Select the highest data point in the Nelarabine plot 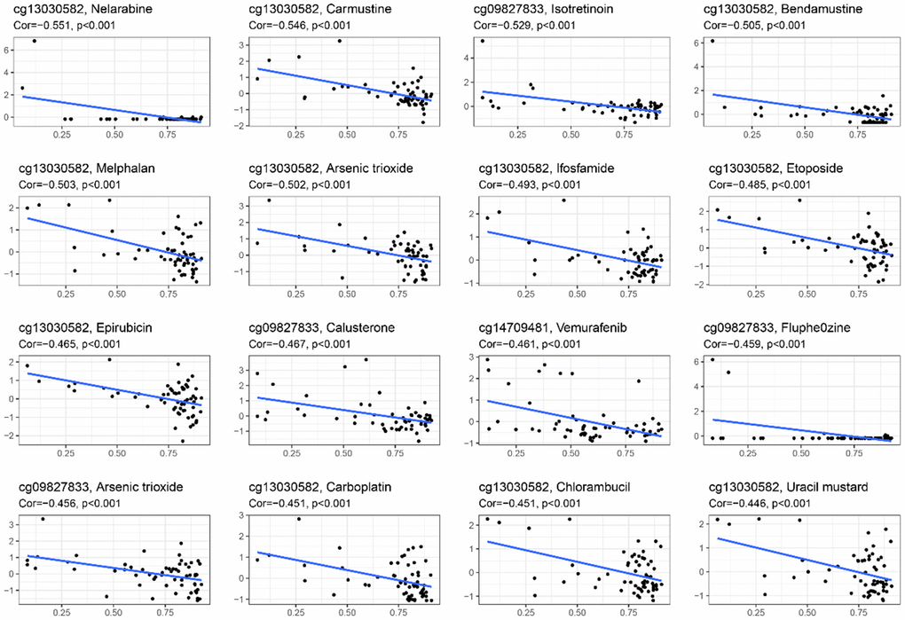click(x=34, y=41)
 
